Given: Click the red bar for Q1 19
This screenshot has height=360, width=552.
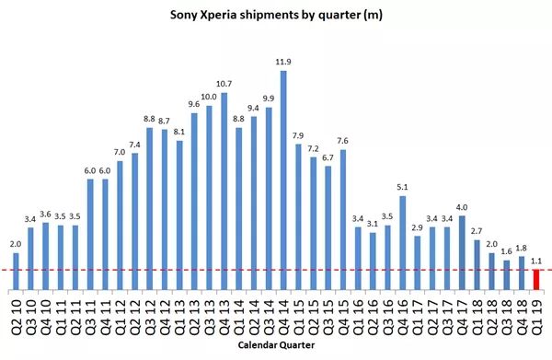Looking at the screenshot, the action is click(536, 280).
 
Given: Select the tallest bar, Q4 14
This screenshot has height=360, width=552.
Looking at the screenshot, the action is click(283, 180).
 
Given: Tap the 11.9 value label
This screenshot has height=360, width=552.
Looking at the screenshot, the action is click(283, 62).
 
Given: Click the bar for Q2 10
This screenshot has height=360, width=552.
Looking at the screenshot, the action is click(16, 272).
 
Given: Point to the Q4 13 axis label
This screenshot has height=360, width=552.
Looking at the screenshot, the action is click(224, 317).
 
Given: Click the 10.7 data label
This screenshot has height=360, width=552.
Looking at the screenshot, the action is click(224, 84).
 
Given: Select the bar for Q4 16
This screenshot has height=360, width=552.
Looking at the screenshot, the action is click(403, 243).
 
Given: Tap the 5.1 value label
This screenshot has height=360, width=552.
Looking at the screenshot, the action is click(402, 188).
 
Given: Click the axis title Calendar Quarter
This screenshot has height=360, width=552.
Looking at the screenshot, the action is click(276, 345).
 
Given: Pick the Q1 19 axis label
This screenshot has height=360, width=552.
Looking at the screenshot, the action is click(536, 317).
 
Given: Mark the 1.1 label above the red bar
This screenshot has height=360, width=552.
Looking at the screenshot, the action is click(535, 261).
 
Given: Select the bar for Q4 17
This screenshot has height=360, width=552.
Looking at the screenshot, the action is click(462, 253).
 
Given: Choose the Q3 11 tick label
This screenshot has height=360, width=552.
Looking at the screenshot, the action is click(90, 317).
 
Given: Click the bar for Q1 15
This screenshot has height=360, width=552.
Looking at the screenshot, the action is click(298, 217).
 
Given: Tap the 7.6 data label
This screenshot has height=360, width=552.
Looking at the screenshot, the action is click(342, 141).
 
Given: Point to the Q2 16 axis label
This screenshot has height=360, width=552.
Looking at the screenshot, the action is click(373, 317).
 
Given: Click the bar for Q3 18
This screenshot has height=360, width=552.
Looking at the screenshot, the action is click(507, 275).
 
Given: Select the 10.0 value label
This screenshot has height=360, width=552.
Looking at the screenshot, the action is click(209, 97).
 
